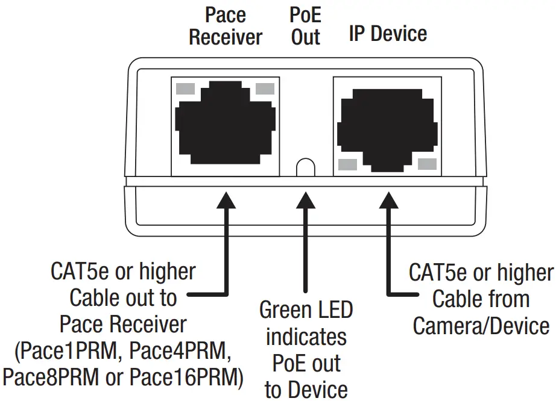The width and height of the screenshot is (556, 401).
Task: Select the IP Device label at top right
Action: click(x=388, y=33)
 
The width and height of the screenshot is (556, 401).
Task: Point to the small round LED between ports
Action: click(x=306, y=167)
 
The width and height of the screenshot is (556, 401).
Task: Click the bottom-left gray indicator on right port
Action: click(x=347, y=164)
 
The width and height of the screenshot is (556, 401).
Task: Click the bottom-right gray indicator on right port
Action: click(x=426, y=164)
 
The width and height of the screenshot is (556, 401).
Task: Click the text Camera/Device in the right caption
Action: click(x=481, y=326)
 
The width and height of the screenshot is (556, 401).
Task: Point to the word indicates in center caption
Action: click(x=306, y=337)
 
